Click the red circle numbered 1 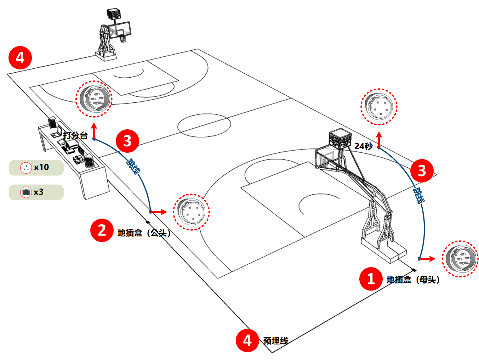371,279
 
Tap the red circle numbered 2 102,230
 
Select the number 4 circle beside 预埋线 247,341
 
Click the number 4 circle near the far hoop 20,57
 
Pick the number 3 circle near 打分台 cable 127,141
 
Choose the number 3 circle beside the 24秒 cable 422,171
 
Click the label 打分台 75,135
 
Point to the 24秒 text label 363,146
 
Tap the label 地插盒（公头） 144,233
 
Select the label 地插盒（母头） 413,280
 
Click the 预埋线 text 275,341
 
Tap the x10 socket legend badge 36,168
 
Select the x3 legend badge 36,192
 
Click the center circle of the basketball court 204,125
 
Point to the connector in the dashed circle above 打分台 94,99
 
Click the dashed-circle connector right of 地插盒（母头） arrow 460,259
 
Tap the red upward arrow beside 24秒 379,140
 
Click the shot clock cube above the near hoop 340,139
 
